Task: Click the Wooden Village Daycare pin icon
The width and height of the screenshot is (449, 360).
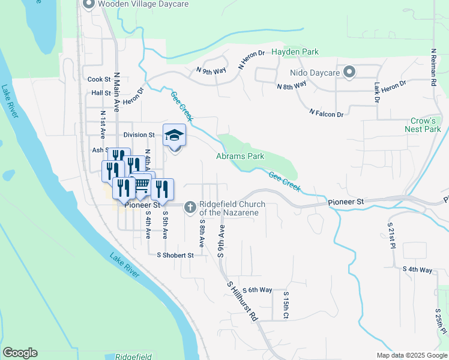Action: [88, 5]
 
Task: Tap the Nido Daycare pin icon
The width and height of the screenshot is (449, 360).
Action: [349, 73]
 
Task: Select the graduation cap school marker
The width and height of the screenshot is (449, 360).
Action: [174, 135]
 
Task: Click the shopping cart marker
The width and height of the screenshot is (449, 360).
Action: [141, 185]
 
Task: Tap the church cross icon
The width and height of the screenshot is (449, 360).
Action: [190, 208]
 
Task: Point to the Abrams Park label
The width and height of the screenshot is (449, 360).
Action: [240, 157]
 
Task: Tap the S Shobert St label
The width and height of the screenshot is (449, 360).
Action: [175, 255]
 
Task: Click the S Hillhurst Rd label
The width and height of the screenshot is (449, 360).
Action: [242, 301]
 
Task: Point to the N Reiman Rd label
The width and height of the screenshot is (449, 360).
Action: [433, 67]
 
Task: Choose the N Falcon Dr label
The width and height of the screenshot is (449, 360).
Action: [327, 113]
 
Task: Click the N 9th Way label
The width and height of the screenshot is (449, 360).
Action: [211, 71]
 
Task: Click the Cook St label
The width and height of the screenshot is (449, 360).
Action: [99, 79]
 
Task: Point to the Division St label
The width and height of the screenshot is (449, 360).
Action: [139, 135]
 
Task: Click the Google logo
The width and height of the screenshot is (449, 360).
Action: [20, 353]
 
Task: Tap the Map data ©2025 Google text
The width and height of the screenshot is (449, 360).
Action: [411, 355]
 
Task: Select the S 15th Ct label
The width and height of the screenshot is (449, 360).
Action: [286, 307]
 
